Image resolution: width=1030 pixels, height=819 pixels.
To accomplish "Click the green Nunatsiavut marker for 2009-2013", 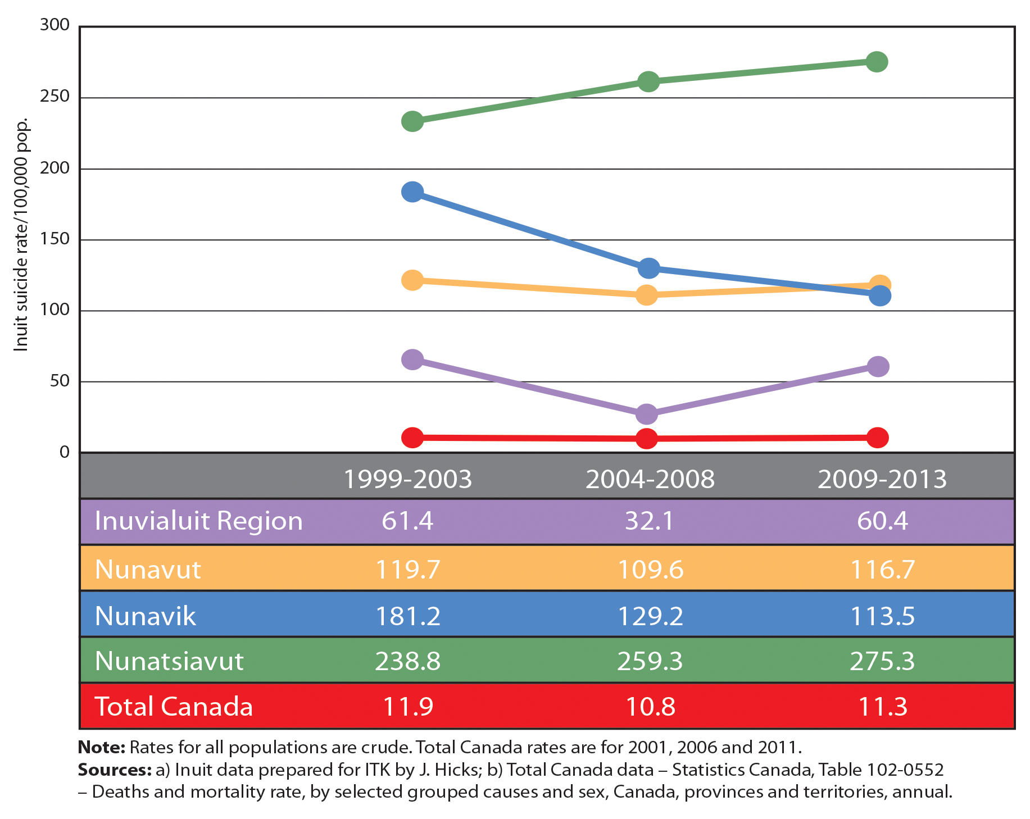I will tap(877, 62).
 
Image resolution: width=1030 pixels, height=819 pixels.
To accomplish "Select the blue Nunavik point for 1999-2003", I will tap(412, 192).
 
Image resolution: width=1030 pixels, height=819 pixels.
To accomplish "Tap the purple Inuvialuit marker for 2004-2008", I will tap(647, 414).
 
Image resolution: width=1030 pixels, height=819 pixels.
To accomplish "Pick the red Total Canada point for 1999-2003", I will tap(412, 438).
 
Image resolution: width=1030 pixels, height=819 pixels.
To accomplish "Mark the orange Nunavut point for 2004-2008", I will tap(647, 295).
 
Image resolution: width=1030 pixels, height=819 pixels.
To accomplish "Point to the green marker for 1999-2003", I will tap(412, 121).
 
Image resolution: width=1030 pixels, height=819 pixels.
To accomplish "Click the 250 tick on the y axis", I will tap(55, 97).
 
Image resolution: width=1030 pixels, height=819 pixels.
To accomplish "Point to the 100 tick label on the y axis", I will tap(55, 310).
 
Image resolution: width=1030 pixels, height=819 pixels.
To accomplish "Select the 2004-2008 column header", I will tap(650, 479).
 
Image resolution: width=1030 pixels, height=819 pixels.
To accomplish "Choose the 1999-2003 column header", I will tap(407, 479).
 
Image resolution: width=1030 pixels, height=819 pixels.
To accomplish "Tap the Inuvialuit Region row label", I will tap(198, 521).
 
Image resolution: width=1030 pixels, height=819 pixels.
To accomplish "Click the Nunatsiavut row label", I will tap(169, 661).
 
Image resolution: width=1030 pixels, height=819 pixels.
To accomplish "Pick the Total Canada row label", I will tap(174, 706).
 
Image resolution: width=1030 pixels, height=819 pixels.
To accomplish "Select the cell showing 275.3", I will tap(882, 661).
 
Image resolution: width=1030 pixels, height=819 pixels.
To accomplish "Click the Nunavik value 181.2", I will tap(407, 616).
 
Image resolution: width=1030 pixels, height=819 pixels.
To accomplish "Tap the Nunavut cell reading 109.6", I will tap(650, 570).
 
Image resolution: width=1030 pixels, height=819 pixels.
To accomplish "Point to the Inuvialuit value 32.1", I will tap(649, 521).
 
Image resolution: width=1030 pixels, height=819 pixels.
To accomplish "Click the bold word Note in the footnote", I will tap(101, 748).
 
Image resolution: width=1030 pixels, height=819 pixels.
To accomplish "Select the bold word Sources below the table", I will tap(115, 770).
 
